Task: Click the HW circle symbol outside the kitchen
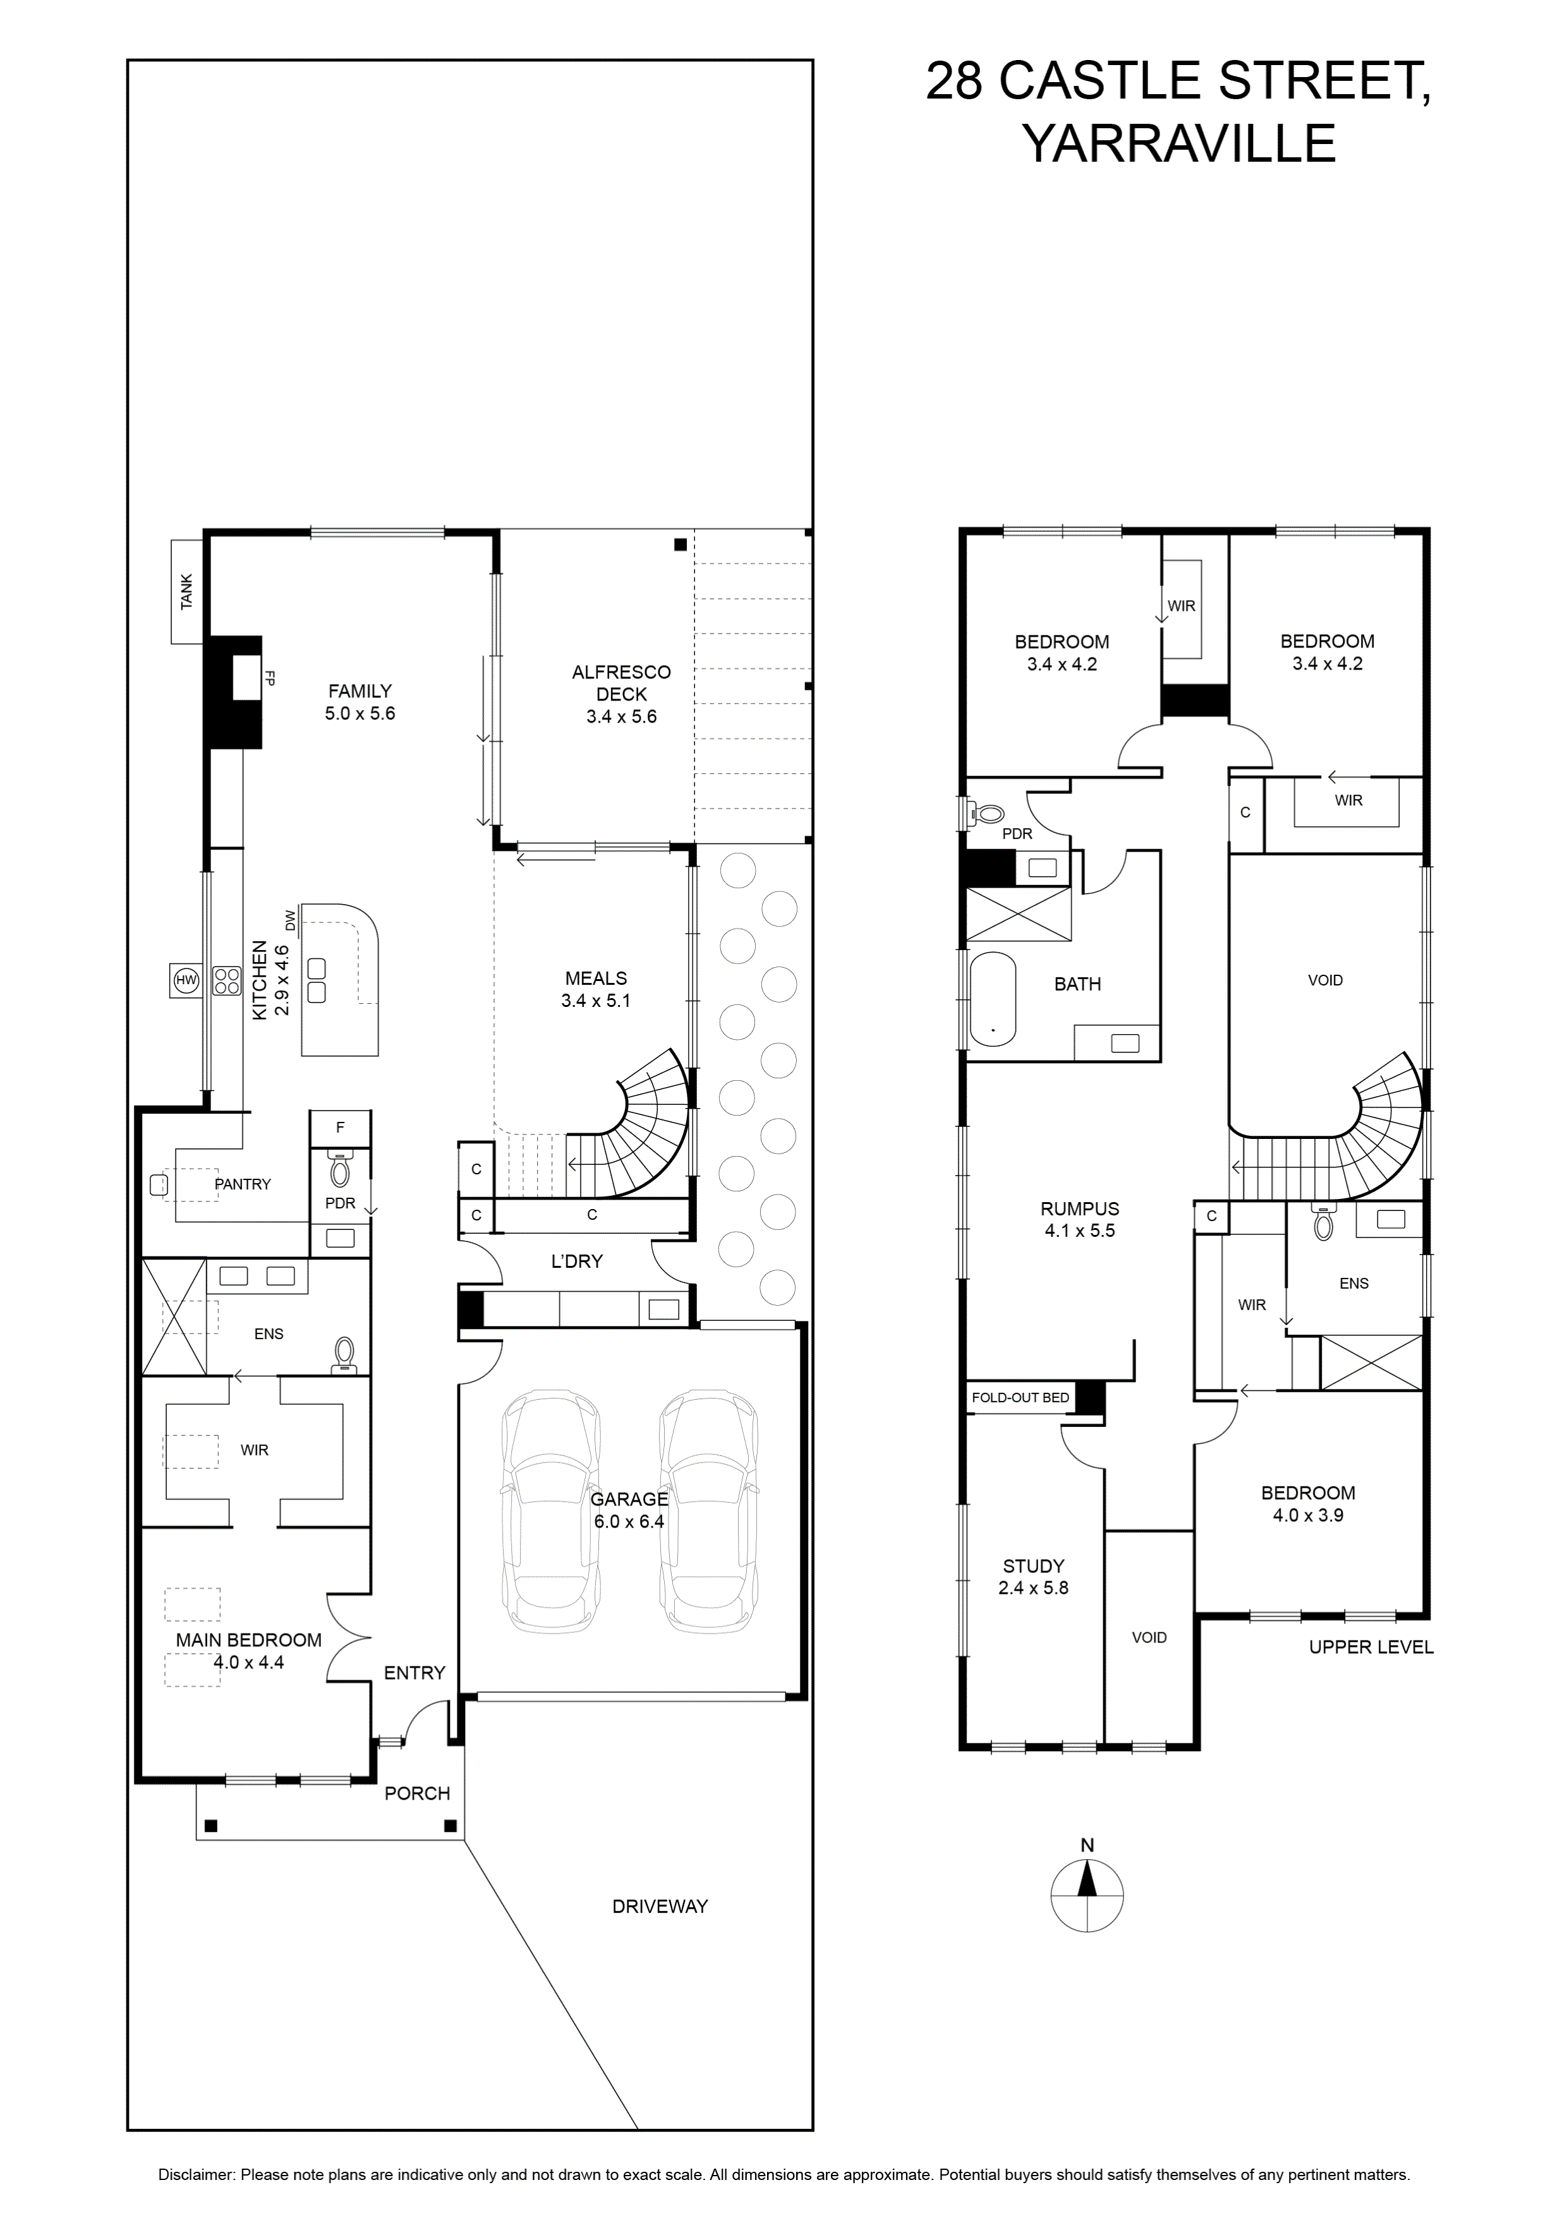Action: pyautogui.click(x=185, y=980)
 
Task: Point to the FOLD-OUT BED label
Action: pyautogui.click(x=1020, y=1397)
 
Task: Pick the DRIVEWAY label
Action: pyautogui.click(x=660, y=1906)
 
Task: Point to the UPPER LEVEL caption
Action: pyautogui.click(x=1370, y=1647)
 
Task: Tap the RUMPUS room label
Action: pyautogui.click(x=1079, y=1219)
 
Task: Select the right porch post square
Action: pyautogui.click(x=450, y=1826)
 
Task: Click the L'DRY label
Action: pyautogui.click(x=576, y=1260)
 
